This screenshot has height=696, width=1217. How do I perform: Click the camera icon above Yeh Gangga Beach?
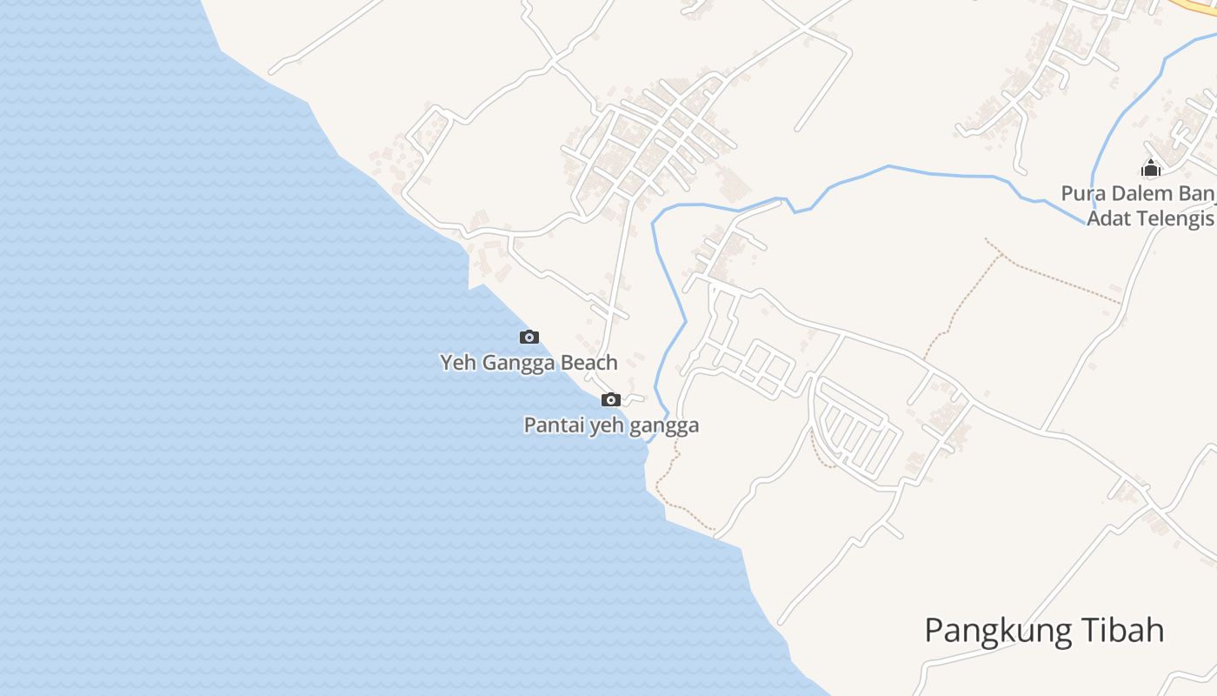tap(529, 337)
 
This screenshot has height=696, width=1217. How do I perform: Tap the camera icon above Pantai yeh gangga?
tap(611, 399)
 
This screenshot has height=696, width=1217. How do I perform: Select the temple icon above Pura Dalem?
tap(1151, 168)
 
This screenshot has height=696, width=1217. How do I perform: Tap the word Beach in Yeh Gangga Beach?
tap(589, 362)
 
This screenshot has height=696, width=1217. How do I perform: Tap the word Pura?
tap(1081, 192)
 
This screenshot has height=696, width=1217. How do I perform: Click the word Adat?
tap(1107, 217)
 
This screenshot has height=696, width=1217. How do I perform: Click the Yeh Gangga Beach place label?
tap(529, 362)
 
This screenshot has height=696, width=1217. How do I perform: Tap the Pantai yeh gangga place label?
tap(611, 425)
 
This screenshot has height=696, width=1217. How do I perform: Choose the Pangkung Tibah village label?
tap(1044, 630)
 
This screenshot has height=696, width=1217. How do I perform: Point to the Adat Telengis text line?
tap(1150, 217)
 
